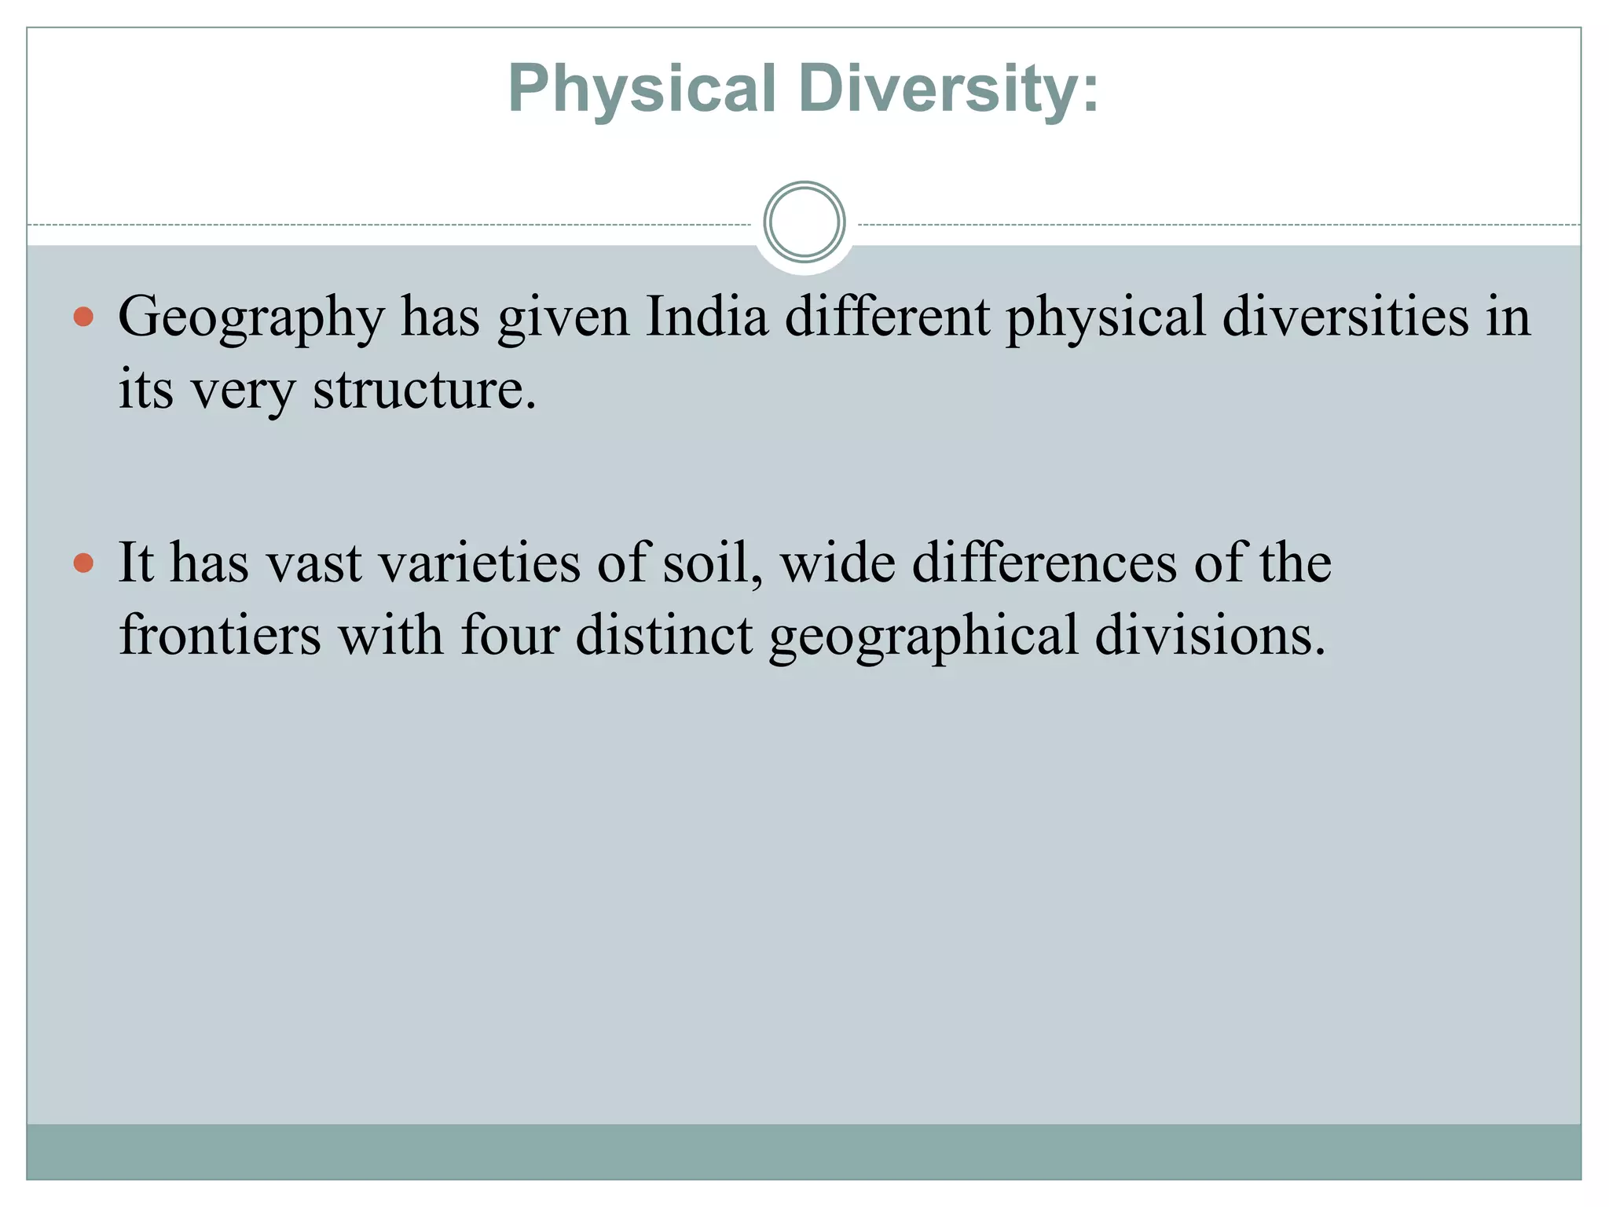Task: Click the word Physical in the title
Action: [x=642, y=89]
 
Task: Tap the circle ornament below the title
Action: [x=804, y=222]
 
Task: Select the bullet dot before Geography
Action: [x=83, y=317]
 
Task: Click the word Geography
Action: [x=251, y=318]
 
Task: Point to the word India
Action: [x=706, y=317]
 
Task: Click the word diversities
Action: [x=1345, y=317]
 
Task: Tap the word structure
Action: [x=424, y=389]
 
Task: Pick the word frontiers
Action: [x=220, y=635]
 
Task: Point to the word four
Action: [x=510, y=635]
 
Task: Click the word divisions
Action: [x=1210, y=635]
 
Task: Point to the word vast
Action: [x=313, y=564]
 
